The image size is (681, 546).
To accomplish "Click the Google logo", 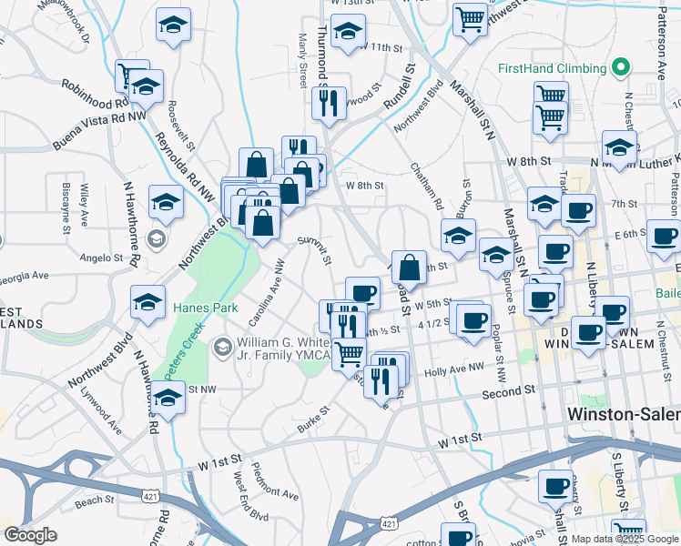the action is (30, 535).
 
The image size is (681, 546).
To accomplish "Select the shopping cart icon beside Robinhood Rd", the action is (129, 75).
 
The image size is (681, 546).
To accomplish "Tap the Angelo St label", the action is (94, 258).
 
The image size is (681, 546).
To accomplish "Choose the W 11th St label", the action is (381, 47).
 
